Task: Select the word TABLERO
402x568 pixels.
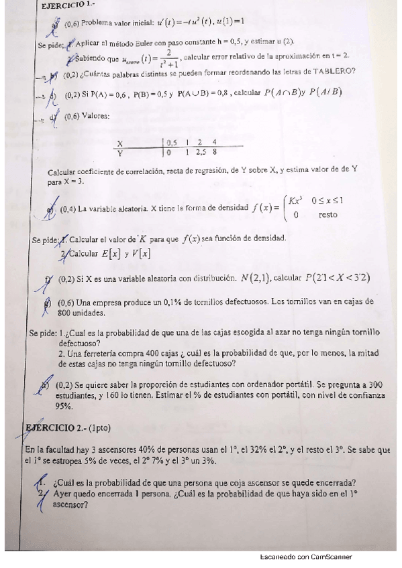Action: [x=336, y=72]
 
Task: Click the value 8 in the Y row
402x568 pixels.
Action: [x=214, y=152]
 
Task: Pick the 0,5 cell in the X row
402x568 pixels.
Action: [x=172, y=143]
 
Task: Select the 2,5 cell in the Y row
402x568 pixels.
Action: [x=199, y=152]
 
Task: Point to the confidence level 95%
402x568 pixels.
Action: [x=64, y=405]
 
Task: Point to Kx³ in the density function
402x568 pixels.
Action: [x=295, y=200]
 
